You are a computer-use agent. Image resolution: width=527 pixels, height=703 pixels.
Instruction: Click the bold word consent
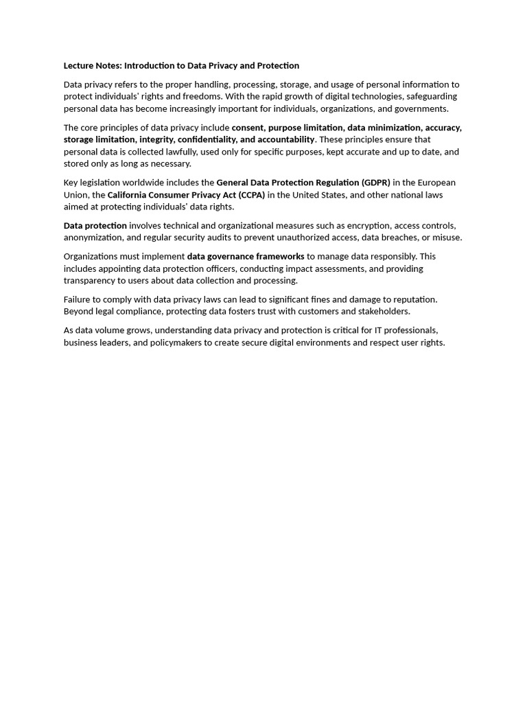point(248,128)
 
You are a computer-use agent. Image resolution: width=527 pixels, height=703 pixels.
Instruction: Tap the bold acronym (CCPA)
point(251,195)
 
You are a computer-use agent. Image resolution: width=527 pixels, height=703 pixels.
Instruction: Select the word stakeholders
point(380,311)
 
